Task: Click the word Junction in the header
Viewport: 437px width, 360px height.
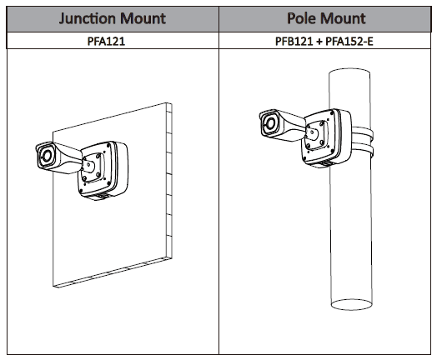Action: point(87,18)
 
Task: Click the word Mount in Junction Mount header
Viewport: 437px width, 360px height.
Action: point(143,18)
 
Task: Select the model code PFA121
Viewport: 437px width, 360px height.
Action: point(106,41)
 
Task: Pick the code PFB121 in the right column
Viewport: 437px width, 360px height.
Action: point(294,41)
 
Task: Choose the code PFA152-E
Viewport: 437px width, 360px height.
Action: point(349,41)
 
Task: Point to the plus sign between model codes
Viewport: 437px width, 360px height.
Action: point(319,42)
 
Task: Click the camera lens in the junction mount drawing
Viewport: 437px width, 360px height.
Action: point(47,156)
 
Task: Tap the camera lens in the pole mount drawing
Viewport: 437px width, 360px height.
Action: point(269,123)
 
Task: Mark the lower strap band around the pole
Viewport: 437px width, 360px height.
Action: point(362,150)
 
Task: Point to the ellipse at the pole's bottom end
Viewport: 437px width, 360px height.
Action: point(351,304)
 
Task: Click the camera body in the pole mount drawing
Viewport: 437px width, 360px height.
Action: point(282,125)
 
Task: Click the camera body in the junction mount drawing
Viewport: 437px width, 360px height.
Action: point(59,157)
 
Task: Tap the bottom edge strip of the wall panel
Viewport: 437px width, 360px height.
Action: point(113,272)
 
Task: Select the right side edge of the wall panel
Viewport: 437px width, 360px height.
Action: point(169,181)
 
